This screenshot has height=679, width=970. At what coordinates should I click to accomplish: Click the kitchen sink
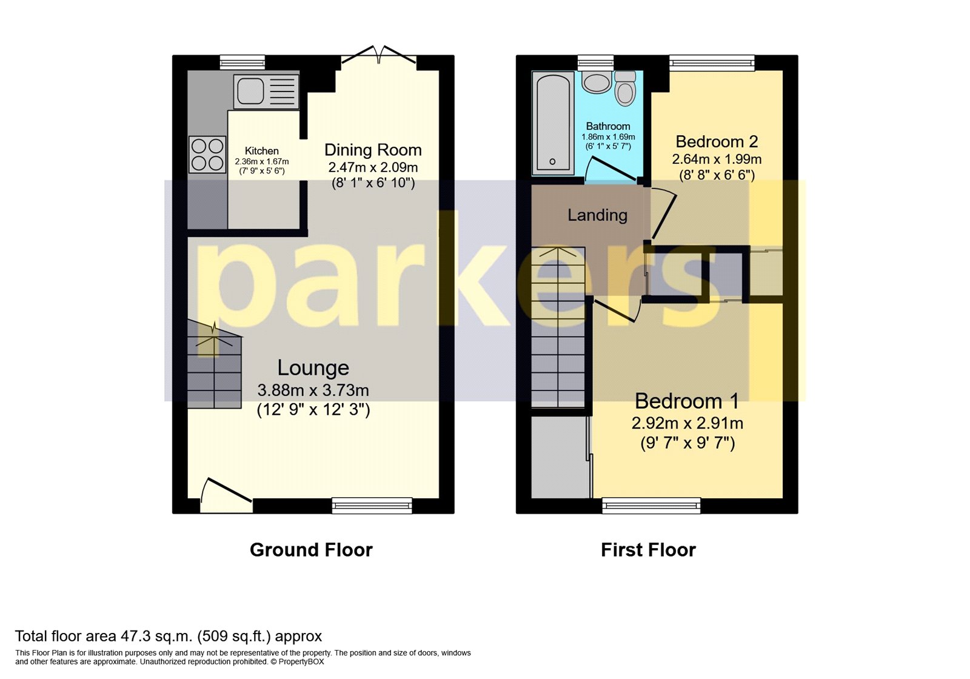(266, 92)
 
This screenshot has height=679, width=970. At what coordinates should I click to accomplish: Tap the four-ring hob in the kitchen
(207, 155)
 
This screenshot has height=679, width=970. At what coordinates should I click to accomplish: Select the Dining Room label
(373, 150)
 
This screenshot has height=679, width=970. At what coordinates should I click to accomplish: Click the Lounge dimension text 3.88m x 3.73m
(313, 390)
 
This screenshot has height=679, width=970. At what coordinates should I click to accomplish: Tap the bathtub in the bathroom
(553, 123)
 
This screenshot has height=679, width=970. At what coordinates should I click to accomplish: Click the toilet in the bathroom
(625, 90)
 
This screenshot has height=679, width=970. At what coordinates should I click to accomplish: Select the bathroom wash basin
(597, 82)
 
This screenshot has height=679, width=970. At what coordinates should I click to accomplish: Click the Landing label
(597, 215)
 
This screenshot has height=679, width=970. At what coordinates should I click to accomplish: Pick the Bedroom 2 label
(717, 142)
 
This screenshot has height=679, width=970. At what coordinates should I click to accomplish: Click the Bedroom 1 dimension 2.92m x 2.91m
(687, 423)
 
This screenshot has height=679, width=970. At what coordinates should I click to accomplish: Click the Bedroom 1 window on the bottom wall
(651, 505)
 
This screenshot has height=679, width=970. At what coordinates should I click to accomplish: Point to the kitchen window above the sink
(242, 62)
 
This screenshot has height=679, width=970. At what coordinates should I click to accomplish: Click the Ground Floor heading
(311, 550)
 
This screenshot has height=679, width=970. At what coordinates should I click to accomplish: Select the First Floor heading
(648, 550)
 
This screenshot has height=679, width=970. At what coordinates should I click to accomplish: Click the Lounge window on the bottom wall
(372, 505)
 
